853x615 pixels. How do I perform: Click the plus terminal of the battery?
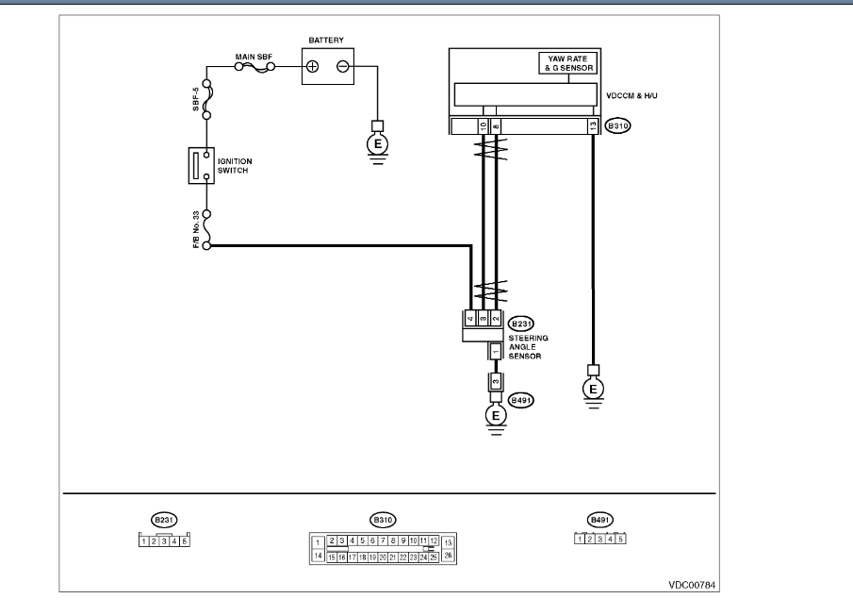(313, 66)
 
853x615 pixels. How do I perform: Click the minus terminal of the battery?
(342, 66)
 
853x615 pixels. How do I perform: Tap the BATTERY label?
(325, 41)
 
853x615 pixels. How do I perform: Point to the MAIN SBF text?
(253, 58)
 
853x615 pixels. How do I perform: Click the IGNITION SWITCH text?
(235, 166)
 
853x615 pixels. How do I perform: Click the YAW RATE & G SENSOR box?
(566, 64)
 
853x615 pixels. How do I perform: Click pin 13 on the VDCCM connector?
(591, 125)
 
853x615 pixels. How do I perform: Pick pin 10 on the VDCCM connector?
(483, 125)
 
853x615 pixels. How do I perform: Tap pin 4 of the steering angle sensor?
(469, 318)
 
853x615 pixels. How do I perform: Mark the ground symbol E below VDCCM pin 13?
(593, 389)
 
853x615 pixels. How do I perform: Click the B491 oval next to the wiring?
(520, 400)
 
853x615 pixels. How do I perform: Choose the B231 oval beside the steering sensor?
(521, 323)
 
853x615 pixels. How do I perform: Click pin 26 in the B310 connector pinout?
(448, 556)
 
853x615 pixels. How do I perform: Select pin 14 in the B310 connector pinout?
(319, 556)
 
